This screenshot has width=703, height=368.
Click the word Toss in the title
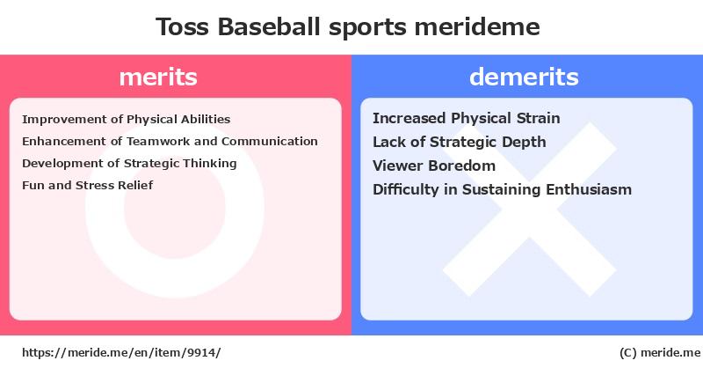pyautogui.click(x=183, y=26)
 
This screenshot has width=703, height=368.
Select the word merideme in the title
pyautogui.click(x=477, y=26)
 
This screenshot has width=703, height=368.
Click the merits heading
pyautogui.click(x=158, y=77)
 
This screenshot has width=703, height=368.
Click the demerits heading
pyautogui.click(x=524, y=77)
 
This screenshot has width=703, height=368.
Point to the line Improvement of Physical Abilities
pyautogui.click(x=126, y=120)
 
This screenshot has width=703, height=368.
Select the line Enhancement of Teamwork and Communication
pyautogui.click(x=170, y=142)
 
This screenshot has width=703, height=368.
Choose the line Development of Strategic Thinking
pyautogui.click(x=129, y=164)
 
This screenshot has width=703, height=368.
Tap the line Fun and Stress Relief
pyautogui.click(x=87, y=185)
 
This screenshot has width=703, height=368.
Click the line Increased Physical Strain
pyautogui.click(x=467, y=118)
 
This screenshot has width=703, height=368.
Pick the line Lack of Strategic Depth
pyautogui.click(x=459, y=142)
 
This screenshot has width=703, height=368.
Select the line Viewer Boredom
pyautogui.click(x=434, y=166)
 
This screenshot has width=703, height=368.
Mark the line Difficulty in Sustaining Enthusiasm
pyautogui.click(x=502, y=189)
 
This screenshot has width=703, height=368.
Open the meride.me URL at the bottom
pyautogui.click(x=121, y=353)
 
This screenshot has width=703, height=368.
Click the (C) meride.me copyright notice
pyautogui.click(x=660, y=353)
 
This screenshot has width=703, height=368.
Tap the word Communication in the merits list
pyautogui.click(x=270, y=142)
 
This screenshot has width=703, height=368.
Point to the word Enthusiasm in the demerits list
pyautogui.click(x=589, y=189)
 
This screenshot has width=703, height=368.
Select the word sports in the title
pyautogui.click(x=367, y=28)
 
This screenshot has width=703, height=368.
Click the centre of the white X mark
pyautogui.click(x=530, y=210)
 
